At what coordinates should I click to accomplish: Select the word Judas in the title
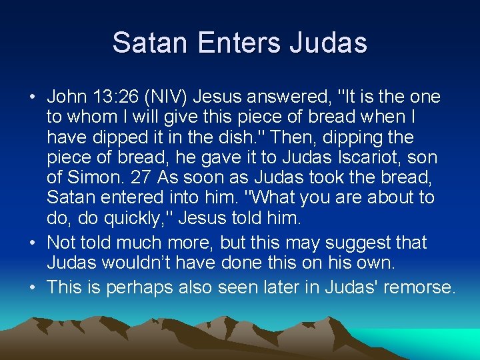pyautogui.click(x=329, y=43)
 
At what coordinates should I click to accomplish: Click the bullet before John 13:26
pyautogui.click(x=33, y=97)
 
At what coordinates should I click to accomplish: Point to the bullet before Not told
pyautogui.click(x=33, y=243)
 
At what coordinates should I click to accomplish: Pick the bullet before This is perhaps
pyautogui.click(x=33, y=287)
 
